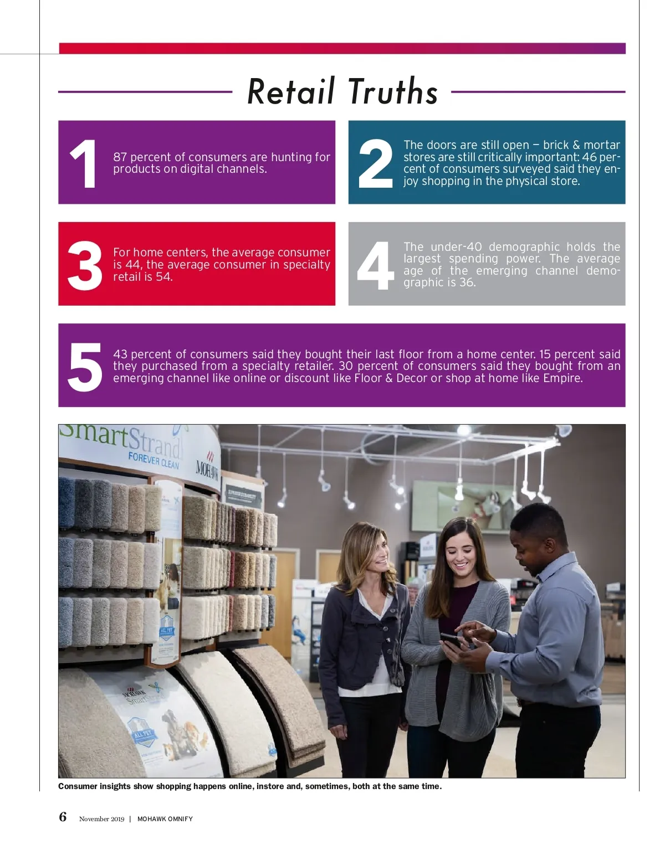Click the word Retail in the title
tap(291, 91)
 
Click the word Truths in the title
tap(392, 91)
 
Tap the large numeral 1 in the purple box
tap(83, 163)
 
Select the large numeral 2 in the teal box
tap(375, 163)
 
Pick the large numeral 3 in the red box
tap(85, 265)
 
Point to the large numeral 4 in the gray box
tap(375, 265)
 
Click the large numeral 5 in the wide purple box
tap(85, 367)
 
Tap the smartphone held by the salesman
tap(452, 641)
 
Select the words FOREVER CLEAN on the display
tap(154, 460)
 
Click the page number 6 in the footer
tap(63, 817)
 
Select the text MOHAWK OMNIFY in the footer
tap(165, 818)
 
